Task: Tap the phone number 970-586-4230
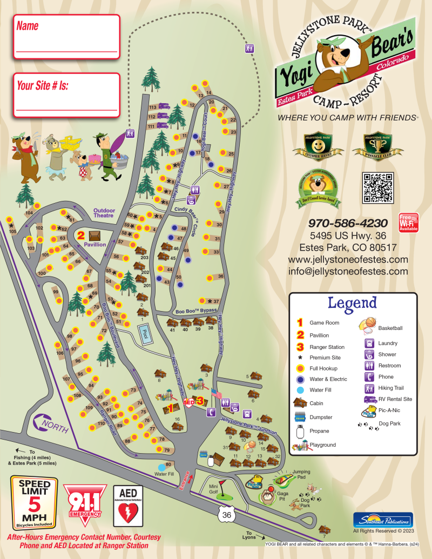(348, 223)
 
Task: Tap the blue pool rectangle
(144, 335)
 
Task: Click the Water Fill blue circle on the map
(161, 467)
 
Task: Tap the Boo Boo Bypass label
(195, 311)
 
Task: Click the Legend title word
(352, 303)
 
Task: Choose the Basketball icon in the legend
(367, 324)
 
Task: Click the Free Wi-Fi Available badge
(409, 222)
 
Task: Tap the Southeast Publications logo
(383, 520)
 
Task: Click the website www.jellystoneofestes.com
(348, 260)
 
